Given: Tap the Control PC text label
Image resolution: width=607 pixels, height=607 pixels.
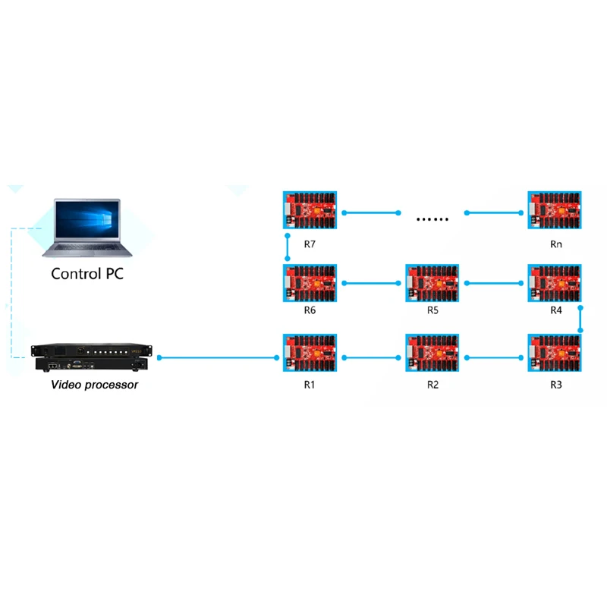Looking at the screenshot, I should coord(87,274).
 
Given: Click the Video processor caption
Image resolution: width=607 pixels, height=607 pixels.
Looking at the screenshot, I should coord(95,385).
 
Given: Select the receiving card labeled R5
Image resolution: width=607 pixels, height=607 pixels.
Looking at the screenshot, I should coord(433,284).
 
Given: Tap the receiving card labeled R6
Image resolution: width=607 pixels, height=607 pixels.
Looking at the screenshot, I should coord(310,284).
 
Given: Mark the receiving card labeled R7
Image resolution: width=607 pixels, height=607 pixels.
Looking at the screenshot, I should coord(310,212).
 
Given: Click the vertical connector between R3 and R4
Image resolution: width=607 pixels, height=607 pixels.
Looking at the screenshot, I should coord(581,319).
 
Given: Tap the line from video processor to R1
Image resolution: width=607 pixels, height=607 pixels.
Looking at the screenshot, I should coord(217,356).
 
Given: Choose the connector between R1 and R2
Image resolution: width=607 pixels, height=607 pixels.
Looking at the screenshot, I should coord(372,356).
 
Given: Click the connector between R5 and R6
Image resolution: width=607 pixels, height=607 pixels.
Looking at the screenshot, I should coord(372,284).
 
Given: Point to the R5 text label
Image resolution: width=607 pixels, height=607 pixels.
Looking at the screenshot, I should coord(433,311).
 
